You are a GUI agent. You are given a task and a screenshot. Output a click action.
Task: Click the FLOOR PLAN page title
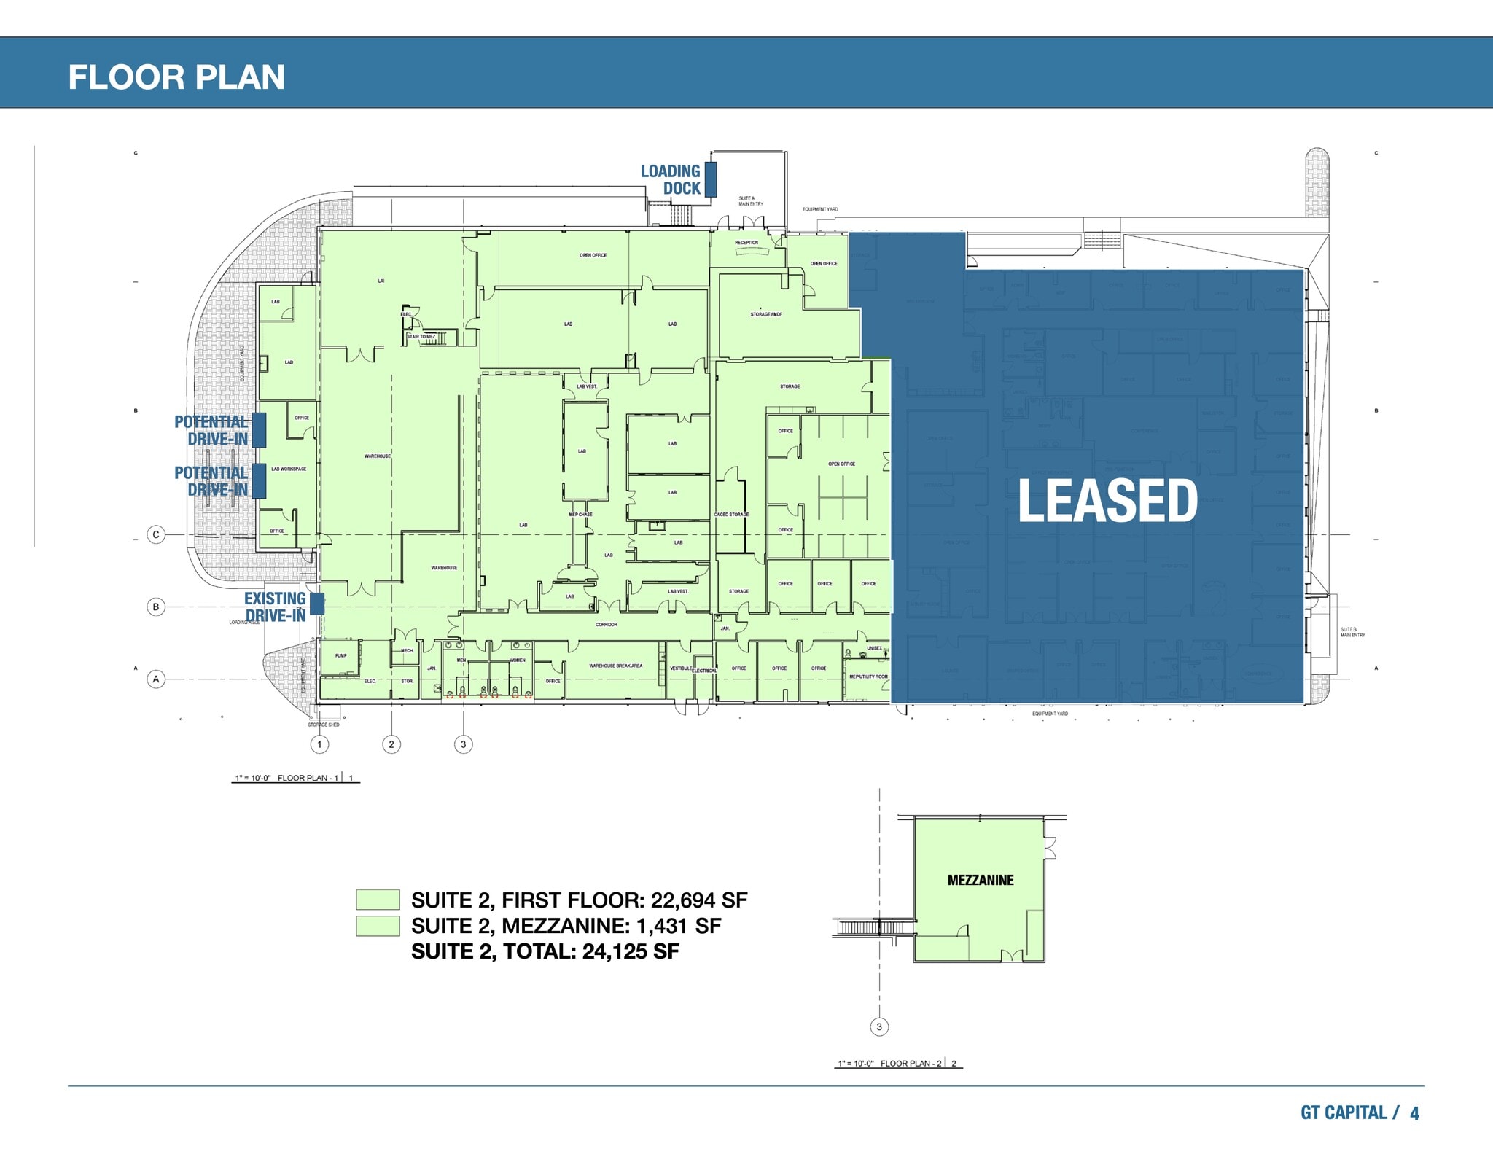pyautogui.click(x=176, y=77)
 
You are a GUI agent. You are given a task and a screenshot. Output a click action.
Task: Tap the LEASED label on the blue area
pyautogui.click(x=1107, y=501)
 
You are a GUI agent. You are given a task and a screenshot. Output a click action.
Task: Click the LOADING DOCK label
pyautogui.click(x=671, y=180)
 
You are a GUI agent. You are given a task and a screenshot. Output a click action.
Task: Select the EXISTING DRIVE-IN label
pyautogui.click(x=275, y=607)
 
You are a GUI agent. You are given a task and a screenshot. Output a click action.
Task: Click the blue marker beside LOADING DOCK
pyautogui.click(x=711, y=179)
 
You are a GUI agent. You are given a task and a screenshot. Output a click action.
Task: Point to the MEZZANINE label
pyautogui.click(x=981, y=880)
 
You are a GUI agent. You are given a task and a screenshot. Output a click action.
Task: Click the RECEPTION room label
pyautogui.click(x=746, y=243)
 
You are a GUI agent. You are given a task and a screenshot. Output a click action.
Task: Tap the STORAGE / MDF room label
pyautogui.click(x=766, y=314)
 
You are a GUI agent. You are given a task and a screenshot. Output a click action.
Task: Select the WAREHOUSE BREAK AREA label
pyautogui.click(x=616, y=666)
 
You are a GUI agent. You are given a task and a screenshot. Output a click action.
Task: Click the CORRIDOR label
pyautogui.click(x=607, y=625)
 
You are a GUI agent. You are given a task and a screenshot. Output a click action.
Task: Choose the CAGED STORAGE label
pyautogui.click(x=731, y=515)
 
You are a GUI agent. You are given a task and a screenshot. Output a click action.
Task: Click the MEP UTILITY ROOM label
pyautogui.click(x=868, y=677)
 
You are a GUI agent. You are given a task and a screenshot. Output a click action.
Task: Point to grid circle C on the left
pyautogui.click(x=156, y=534)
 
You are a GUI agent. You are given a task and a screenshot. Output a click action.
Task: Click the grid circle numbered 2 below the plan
pyautogui.click(x=391, y=744)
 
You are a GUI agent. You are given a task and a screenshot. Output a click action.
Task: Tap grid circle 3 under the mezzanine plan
pyautogui.click(x=879, y=1026)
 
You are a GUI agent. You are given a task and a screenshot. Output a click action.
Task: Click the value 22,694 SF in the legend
pyautogui.click(x=699, y=900)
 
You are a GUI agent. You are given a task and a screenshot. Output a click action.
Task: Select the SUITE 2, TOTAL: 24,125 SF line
pyautogui.click(x=545, y=951)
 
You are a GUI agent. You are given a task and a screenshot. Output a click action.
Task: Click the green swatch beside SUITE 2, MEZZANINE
pyautogui.click(x=378, y=926)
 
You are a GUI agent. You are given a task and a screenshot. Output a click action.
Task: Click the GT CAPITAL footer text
pyautogui.click(x=1344, y=1112)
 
